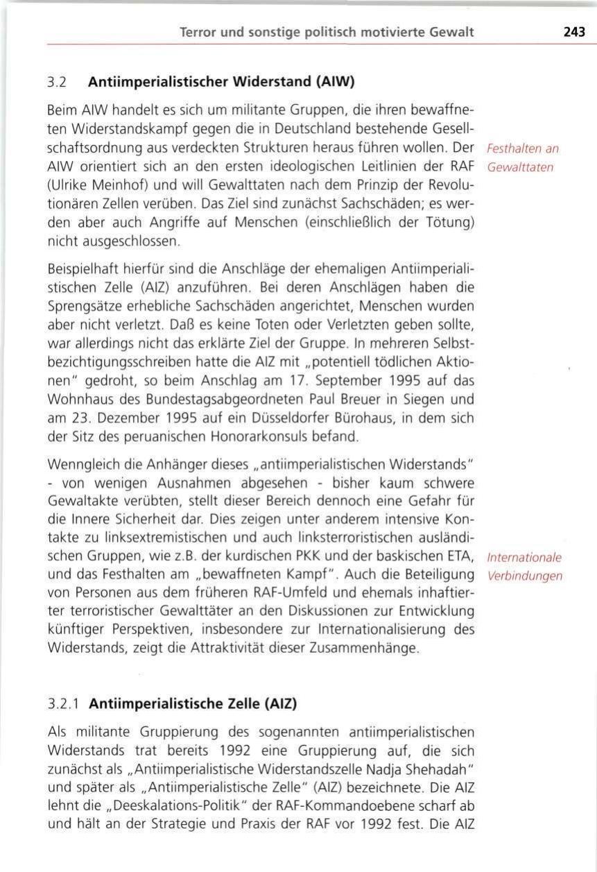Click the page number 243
[x=574, y=32]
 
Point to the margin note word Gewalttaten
[x=520, y=167]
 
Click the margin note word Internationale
[x=525, y=558]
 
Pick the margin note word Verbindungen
[x=525, y=576]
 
